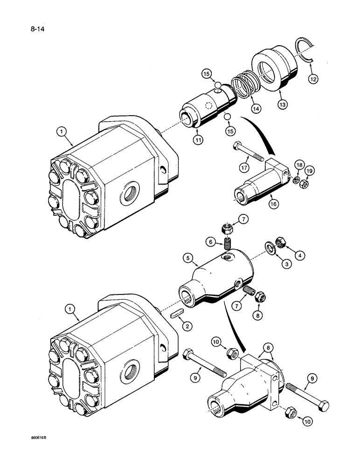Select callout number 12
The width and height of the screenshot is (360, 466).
coord(312,79)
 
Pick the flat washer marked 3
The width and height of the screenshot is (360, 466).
coord(270,247)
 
